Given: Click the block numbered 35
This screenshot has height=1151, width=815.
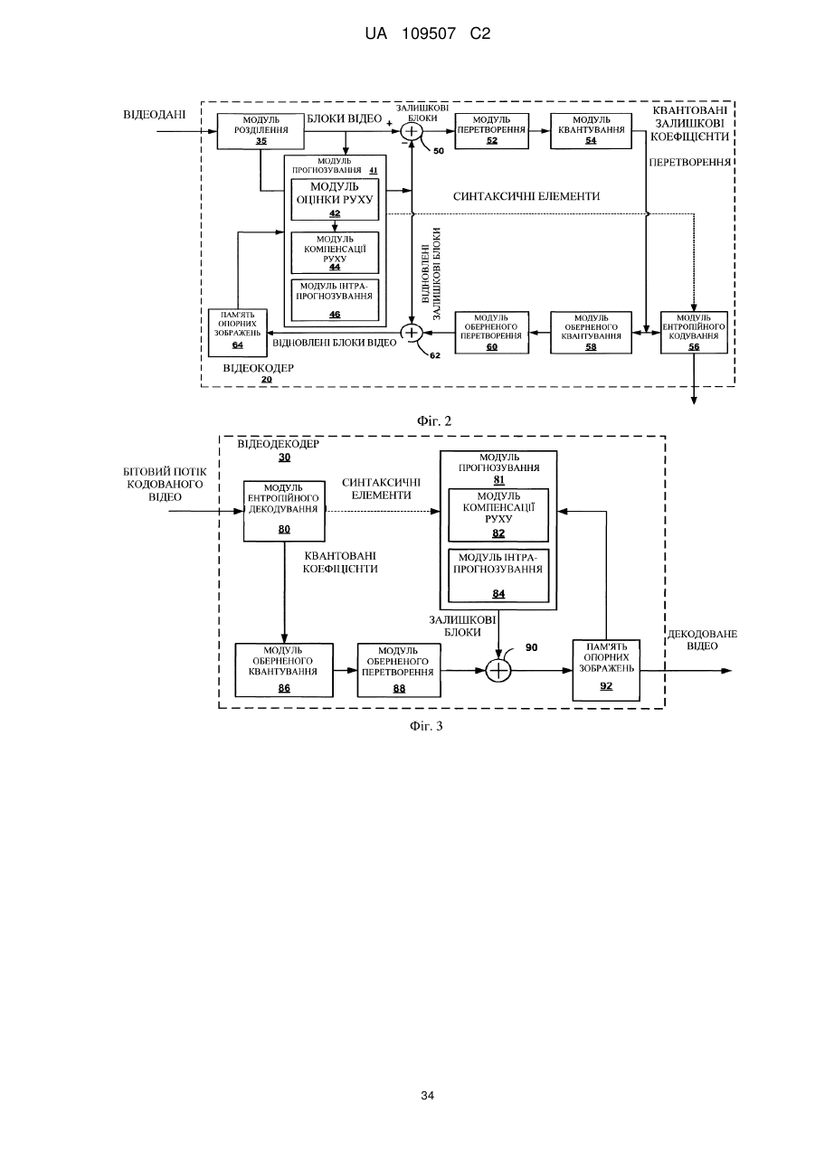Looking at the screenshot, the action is [x=261, y=131].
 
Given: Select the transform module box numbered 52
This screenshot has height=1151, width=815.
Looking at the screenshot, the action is [x=491, y=131].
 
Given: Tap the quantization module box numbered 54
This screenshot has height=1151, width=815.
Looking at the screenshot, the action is [x=591, y=131].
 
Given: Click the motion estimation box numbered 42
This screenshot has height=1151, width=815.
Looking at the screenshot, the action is [x=335, y=200].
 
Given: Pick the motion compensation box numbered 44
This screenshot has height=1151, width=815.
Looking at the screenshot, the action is [x=335, y=253].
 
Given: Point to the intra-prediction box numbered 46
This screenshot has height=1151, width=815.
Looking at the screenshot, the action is [x=335, y=300].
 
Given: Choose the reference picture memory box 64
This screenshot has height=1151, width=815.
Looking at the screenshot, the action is [x=238, y=333].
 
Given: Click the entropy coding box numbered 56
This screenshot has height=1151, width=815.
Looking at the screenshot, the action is [x=694, y=333].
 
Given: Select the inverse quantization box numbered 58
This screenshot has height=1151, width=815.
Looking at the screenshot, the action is [x=591, y=333].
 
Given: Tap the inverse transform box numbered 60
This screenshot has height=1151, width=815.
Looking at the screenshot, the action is [x=491, y=333].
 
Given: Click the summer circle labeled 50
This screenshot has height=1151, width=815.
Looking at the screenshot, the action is [x=412, y=131].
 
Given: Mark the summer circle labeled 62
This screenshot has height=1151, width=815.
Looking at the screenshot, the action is [x=412, y=333].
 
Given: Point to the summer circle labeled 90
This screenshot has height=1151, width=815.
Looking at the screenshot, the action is [x=498, y=671].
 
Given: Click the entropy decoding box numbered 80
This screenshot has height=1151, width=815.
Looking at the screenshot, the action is [x=284, y=511].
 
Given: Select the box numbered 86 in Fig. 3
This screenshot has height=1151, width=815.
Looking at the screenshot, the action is [x=284, y=670].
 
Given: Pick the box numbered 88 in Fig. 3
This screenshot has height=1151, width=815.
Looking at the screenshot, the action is [x=399, y=670].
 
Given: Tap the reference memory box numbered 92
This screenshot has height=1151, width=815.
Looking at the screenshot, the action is [x=606, y=670].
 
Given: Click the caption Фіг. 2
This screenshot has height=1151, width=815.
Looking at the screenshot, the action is [x=434, y=421].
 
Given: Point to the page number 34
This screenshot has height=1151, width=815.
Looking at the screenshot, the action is [x=427, y=1096].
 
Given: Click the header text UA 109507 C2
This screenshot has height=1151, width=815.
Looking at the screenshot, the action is [x=428, y=34].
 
